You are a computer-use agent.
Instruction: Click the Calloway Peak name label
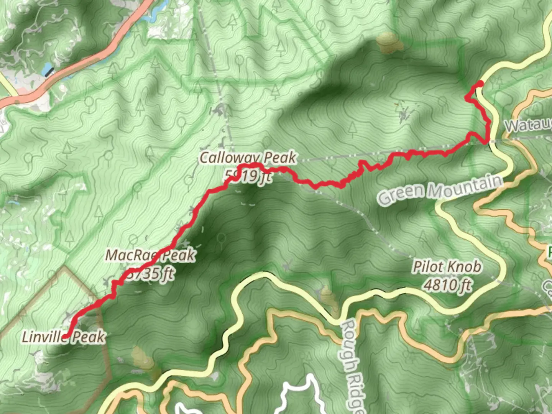(x=248, y=158)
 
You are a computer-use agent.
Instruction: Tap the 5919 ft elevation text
(x=248, y=176)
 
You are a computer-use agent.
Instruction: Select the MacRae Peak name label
(x=150, y=255)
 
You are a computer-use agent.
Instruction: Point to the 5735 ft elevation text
(x=149, y=274)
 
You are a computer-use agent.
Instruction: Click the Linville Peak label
(x=63, y=337)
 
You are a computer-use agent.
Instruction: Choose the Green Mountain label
(x=440, y=189)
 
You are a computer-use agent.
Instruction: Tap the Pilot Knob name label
(x=447, y=267)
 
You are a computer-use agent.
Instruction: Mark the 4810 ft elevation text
(x=447, y=285)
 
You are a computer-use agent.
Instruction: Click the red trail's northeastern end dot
(x=480, y=84)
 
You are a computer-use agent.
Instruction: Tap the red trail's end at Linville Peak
(x=66, y=336)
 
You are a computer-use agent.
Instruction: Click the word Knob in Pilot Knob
(x=466, y=267)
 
